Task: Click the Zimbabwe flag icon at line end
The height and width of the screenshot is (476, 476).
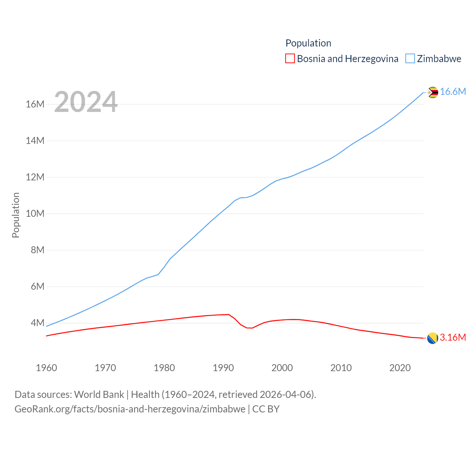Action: pyautogui.click(x=432, y=92)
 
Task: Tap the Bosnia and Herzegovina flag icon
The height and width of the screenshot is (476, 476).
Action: pyautogui.click(x=432, y=338)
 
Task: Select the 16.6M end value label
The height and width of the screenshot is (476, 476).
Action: pyautogui.click(x=453, y=92)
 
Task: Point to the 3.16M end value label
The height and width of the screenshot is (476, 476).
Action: pyautogui.click(x=453, y=338)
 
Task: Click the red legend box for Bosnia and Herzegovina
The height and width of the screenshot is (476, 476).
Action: pyautogui.click(x=290, y=59)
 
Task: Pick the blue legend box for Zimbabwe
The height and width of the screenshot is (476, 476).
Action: pyautogui.click(x=410, y=59)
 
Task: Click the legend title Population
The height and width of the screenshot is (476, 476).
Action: pyautogui.click(x=308, y=43)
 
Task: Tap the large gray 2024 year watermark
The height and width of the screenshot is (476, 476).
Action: pyautogui.click(x=86, y=102)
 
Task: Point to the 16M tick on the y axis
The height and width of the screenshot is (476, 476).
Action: pyautogui.click(x=35, y=104)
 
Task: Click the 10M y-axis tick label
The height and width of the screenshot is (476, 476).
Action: pyautogui.click(x=35, y=214)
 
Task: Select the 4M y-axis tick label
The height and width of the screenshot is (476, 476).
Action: pyautogui.click(x=38, y=323)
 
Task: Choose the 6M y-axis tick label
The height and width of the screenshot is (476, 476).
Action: pyautogui.click(x=38, y=286)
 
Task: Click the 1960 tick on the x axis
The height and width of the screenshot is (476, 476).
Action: pyautogui.click(x=46, y=368)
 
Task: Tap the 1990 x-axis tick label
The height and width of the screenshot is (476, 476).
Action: pyautogui.click(x=223, y=368)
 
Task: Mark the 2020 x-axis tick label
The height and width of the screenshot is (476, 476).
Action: pyautogui.click(x=400, y=368)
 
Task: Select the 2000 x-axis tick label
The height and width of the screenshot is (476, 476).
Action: pyautogui.click(x=282, y=368)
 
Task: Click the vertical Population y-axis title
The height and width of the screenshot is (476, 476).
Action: pyautogui.click(x=16, y=215)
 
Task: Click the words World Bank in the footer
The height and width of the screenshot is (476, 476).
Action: pyautogui.click(x=99, y=395)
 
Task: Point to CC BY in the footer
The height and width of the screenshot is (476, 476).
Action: pyautogui.click(x=266, y=409)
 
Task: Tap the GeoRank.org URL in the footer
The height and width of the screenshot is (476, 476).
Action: pyautogui.click(x=130, y=409)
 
